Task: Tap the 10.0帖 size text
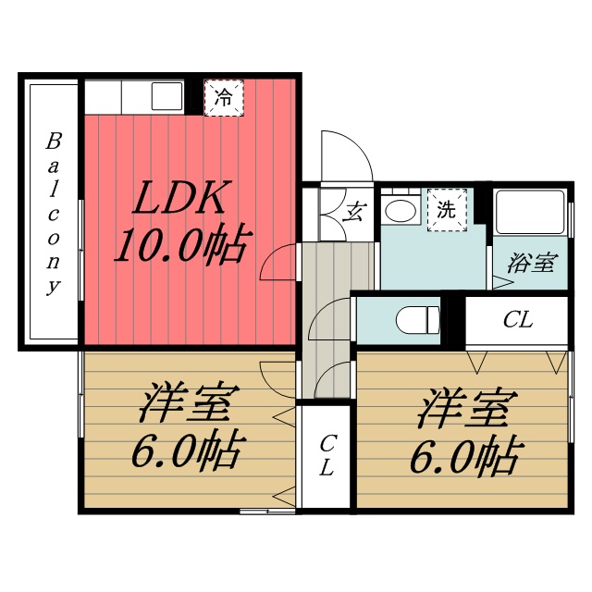[181, 246]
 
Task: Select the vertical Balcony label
[55, 214]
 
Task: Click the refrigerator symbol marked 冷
[224, 96]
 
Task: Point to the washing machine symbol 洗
[447, 209]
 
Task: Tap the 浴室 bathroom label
[531, 263]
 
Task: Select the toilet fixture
[417, 320]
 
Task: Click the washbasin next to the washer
[401, 210]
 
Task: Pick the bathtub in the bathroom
[530, 214]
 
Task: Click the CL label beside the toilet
[518, 321]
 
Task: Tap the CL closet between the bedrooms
[327, 456]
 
